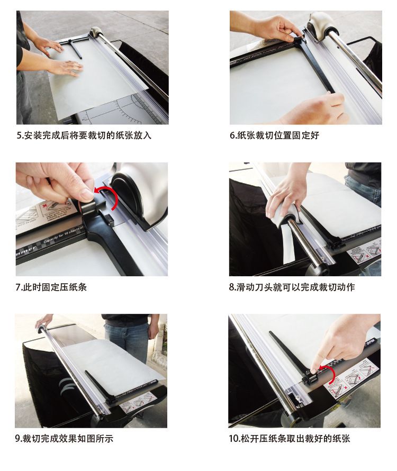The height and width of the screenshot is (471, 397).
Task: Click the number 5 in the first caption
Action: point(19,136)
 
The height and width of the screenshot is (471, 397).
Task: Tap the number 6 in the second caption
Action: point(232,136)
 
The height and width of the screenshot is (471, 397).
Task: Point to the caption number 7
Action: point(17,287)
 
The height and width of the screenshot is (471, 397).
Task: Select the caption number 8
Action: point(232,287)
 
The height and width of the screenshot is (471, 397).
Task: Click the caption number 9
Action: point(17,439)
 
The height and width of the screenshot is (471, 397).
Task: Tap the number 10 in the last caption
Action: point(233,439)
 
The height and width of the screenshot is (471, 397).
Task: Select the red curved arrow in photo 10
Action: point(329,373)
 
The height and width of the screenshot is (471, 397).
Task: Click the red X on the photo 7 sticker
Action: point(46,206)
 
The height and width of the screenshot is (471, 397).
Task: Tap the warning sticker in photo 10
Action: point(351,376)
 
